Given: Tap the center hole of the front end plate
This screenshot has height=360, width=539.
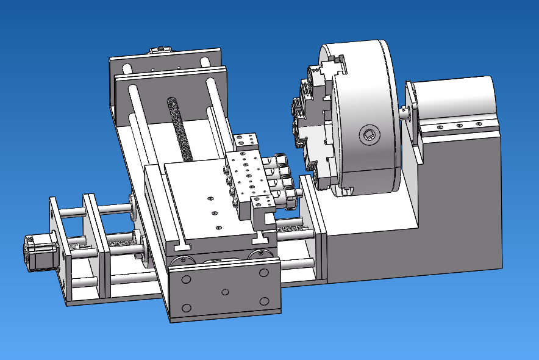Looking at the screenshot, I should coord(225,292).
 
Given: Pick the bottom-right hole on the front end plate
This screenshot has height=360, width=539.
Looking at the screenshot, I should coord(263,301).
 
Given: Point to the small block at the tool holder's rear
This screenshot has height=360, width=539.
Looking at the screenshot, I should coord(246,141).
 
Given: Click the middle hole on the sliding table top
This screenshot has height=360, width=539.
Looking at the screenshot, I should coord(214,212).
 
